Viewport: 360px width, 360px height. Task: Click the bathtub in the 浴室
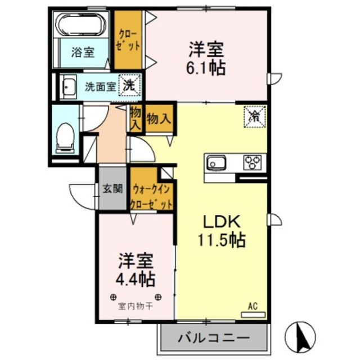tap(82, 26)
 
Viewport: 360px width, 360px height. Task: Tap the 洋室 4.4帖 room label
tap(137, 270)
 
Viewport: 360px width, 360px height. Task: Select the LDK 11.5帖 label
tap(221, 231)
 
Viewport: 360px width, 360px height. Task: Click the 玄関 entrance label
tap(112, 188)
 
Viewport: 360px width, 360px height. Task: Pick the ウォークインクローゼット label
tap(151, 195)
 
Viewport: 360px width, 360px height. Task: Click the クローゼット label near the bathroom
tap(128, 39)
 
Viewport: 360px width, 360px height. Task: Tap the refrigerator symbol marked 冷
tap(255, 116)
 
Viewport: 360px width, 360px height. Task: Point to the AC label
tap(253, 307)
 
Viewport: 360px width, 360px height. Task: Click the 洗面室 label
tap(101, 87)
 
